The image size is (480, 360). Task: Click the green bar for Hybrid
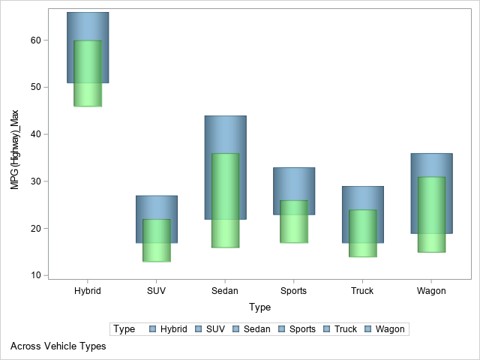[x=88, y=73]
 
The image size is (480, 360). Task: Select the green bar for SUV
[x=157, y=240]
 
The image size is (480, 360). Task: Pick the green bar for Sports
[x=294, y=221]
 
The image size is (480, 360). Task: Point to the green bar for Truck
[x=363, y=233]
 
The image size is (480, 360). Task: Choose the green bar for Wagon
[x=431, y=214]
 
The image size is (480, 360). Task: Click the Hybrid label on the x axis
[x=88, y=290]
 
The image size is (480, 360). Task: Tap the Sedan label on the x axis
[x=225, y=290]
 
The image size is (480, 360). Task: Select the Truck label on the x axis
[x=363, y=290]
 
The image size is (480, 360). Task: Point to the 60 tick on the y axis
[x=35, y=40]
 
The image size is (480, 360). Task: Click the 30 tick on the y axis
[x=35, y=181]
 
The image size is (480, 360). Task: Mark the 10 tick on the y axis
[x=35, y=275]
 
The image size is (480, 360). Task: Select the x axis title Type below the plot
[x=259, y=307]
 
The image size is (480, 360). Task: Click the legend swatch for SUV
[x=199, y=329]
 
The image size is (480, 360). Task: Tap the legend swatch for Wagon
[x=368, y=329]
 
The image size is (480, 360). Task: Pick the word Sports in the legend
[x=302, y=329]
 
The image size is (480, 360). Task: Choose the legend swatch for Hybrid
[x=153, y=329]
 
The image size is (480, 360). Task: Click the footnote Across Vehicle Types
[x=58, y=346]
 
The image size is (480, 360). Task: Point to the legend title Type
[x=124, y=329]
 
